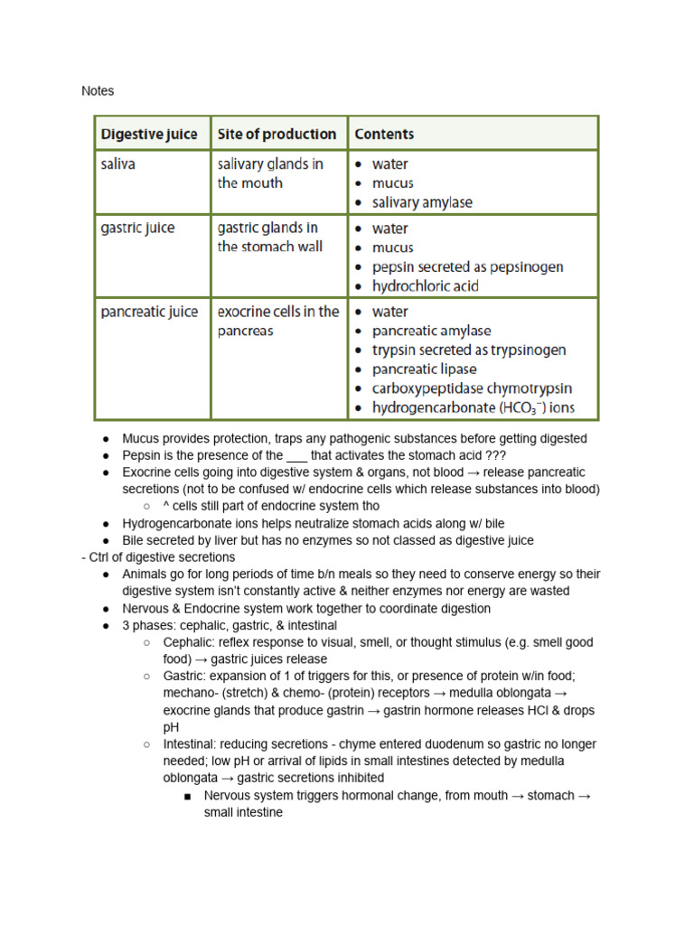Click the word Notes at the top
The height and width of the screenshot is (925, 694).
[x=98, y=91]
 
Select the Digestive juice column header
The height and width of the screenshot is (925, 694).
[x=149, y=135]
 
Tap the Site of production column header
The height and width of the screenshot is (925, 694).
[x=277, y=135]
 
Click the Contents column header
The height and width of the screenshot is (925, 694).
[x=384, y=135]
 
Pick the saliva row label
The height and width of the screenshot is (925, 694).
[x=117, y=164]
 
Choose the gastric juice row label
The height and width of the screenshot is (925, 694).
[x=137, y=229]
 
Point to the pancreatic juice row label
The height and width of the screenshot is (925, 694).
[x=149, y=313]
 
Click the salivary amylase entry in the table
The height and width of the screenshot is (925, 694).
[x=422, y=202]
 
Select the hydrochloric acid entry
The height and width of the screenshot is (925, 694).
[x=425, y=286]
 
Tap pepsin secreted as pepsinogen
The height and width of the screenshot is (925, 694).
[x=467, y=267]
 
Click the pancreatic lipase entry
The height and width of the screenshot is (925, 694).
[x=424, y=369]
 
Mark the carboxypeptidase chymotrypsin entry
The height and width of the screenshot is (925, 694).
[x=472, y=388]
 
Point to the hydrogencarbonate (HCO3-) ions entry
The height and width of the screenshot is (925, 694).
[x=473, y=408]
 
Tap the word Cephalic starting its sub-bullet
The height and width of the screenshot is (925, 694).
[x=187, y=642]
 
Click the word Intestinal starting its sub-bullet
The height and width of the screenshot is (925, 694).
[x=190, y=744]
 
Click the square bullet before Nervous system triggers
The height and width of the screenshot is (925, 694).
[x=187, y=796]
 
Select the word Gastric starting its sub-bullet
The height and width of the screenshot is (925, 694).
[x=184, y=677]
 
